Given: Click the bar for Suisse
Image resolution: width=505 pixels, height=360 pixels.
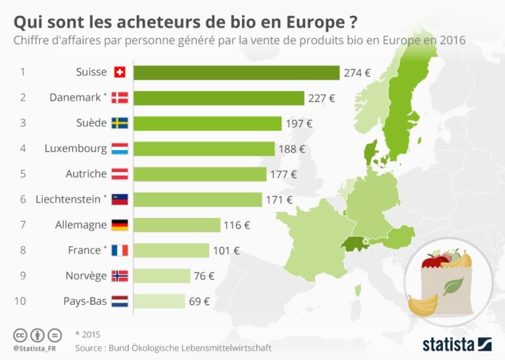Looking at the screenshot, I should [236, 72].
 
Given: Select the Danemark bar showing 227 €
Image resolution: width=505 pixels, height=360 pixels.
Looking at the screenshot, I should [218, 98].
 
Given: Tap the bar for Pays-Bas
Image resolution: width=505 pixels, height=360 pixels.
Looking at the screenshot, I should [159, 301].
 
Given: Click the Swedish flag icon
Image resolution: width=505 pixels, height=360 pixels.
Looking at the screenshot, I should [120, 123].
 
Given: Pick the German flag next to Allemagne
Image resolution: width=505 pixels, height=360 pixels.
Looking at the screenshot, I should [120, 225].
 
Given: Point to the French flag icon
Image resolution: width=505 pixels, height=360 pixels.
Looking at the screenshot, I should [120, 250].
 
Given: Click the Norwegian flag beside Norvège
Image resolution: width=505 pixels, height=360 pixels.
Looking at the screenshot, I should [120, 276].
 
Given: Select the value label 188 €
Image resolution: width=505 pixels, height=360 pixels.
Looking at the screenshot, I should [293, 149].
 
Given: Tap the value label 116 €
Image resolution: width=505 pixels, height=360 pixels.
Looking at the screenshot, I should [237, 225].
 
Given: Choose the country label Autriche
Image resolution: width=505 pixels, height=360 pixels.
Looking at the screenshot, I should [85, 174].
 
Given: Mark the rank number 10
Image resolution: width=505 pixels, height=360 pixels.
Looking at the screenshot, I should [23, 301].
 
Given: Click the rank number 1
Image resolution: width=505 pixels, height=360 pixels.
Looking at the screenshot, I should [23, 72].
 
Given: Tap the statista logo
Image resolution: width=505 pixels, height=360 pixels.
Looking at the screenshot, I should [457, 344].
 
